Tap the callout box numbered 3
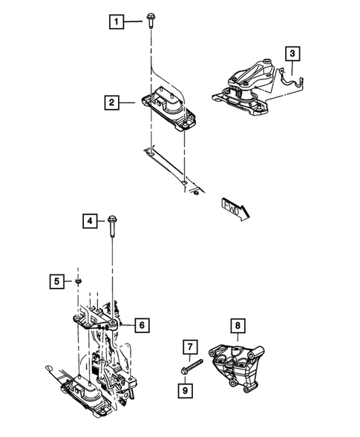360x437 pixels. tap(293, 53)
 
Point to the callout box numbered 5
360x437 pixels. tap(56, 280)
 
